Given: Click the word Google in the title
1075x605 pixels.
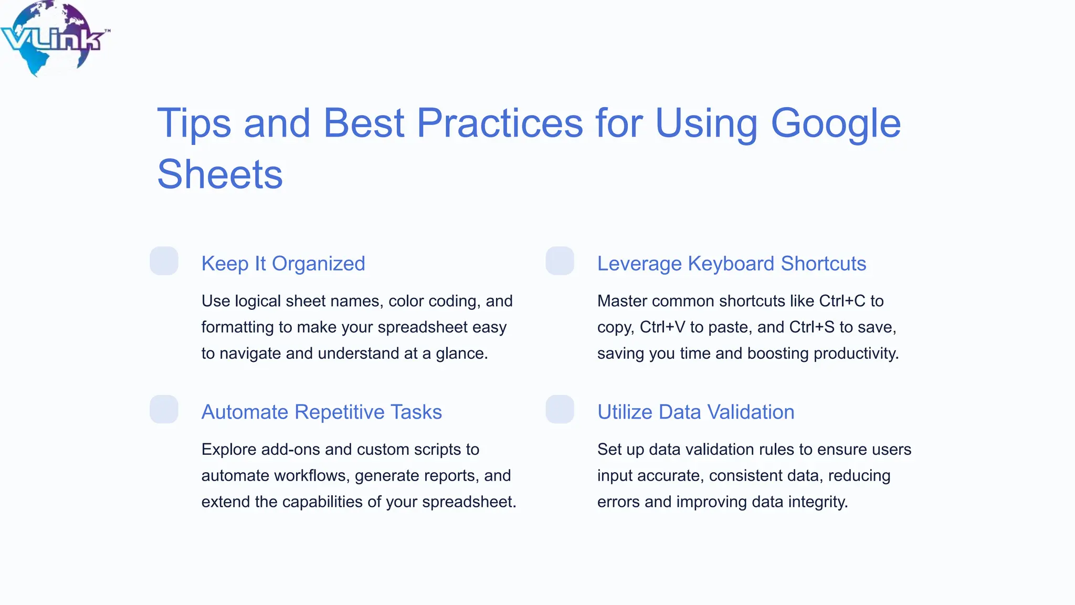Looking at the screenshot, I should (x=835, y=124).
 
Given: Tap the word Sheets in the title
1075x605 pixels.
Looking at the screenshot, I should (x=220, y=174).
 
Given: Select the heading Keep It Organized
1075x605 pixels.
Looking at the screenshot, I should (x=283, y=264).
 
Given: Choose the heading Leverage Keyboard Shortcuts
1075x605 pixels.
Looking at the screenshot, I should (x=731, y=264).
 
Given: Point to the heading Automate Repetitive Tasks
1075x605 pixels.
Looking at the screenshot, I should (x=321, y=412).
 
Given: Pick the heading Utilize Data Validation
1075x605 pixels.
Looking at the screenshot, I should (x=695, y=412).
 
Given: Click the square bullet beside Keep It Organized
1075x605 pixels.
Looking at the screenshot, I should (x=164, y=261).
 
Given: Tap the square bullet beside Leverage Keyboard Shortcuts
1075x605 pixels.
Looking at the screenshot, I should (x=560, y=261).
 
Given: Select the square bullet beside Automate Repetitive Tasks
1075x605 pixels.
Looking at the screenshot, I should (x=164, y=409).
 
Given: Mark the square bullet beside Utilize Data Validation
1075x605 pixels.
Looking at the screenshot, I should (x=560, y=409).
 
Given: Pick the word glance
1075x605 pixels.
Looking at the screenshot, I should (x=461, y=353).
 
